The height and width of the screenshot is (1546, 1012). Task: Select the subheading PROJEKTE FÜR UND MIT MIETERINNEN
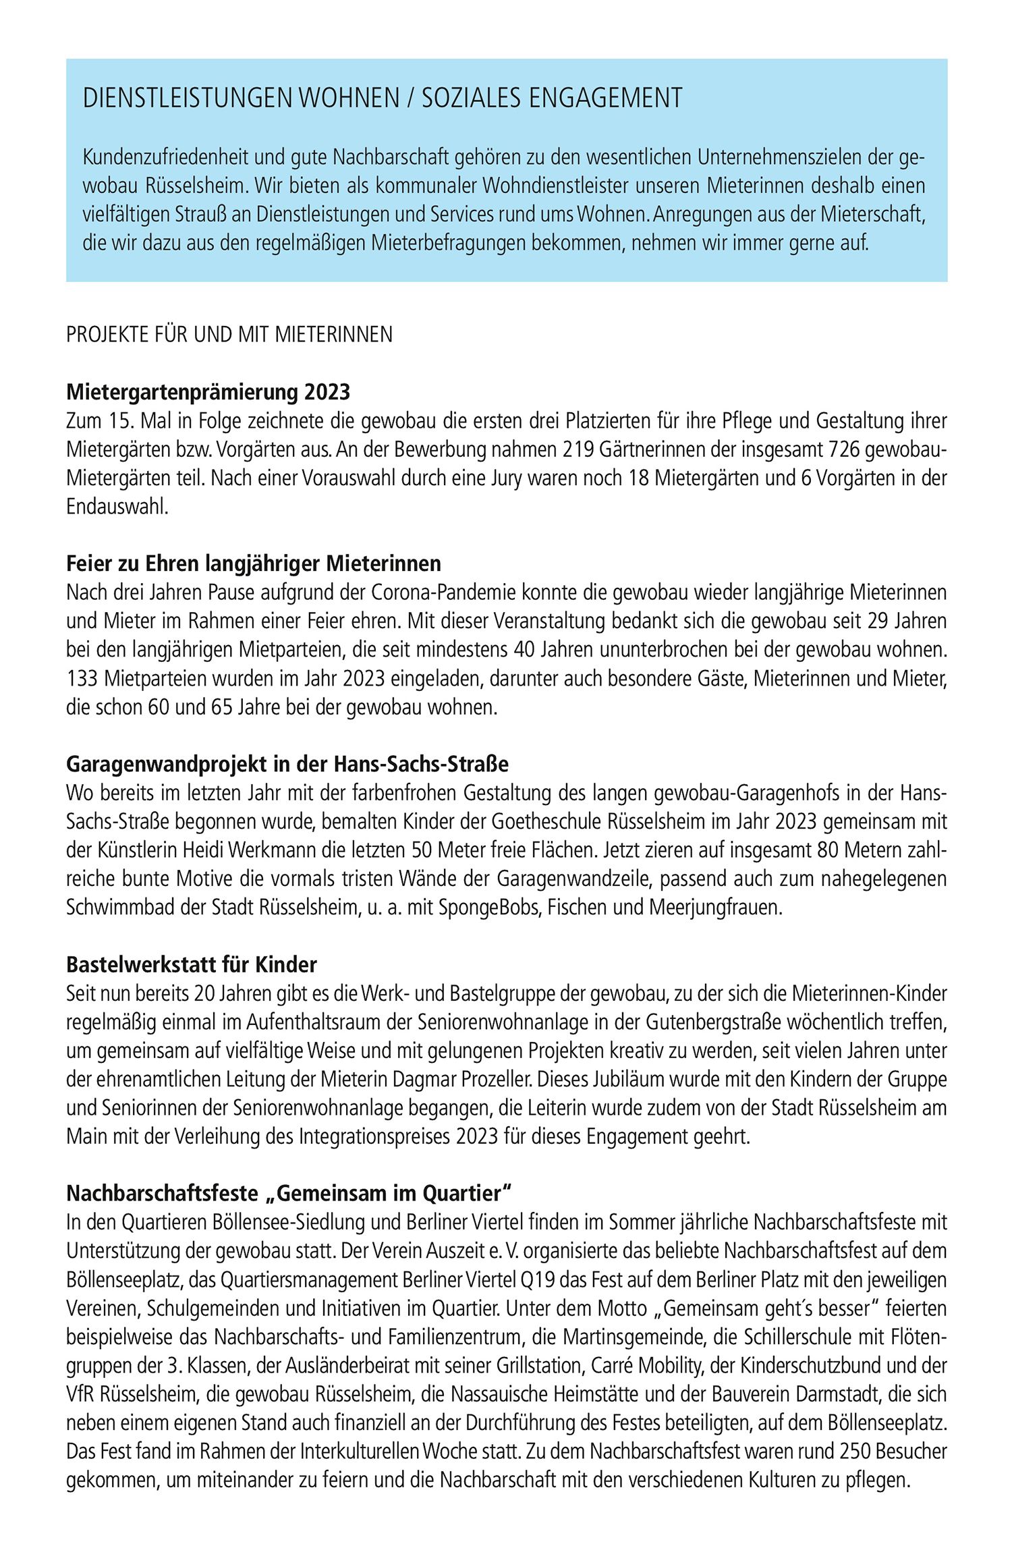[x=229, y=335]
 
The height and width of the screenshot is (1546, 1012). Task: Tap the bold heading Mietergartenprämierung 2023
[x=208, y=391]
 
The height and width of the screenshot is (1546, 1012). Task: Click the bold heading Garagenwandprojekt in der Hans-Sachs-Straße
[x=287, y=765]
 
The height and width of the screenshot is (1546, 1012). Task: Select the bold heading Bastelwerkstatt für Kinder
[x=192, y=965]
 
